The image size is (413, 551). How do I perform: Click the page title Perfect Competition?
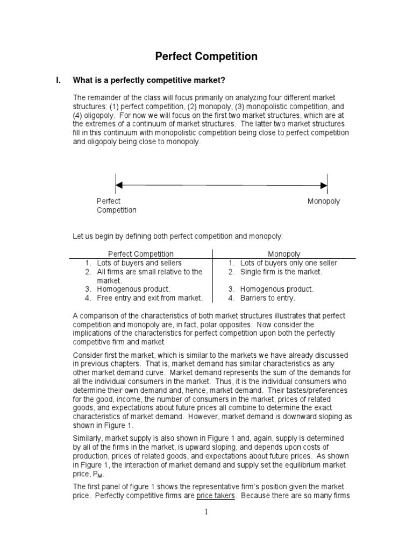[x=206, y=56]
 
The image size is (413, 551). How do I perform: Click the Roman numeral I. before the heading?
[x=59, y=81]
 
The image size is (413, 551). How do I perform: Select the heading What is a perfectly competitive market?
[x=148, y=81]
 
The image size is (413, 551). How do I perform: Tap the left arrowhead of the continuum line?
[x=119, y=185]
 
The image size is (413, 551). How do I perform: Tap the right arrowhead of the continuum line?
[x=324, y=185]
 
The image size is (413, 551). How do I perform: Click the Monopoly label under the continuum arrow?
[x=324, y=201]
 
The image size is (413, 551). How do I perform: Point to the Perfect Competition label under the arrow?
[x=116, y=206]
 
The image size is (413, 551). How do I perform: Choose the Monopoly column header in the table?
[x=284, y=253]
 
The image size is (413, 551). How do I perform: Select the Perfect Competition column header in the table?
[x=141, y=253]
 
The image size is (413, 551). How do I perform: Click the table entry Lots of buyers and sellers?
[x=139, y=263]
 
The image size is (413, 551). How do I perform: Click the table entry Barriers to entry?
[x=268, y=298]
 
